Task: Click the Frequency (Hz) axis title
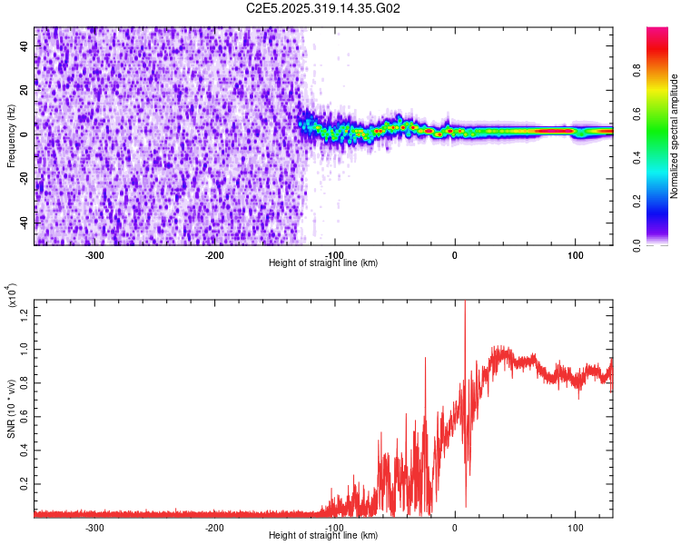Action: pos(11,135)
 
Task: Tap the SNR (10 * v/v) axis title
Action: pos(11,407)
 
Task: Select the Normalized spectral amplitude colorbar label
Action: pos(675,137)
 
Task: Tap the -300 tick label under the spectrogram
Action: pos(94,254)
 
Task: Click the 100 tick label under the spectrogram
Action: pos(575,254)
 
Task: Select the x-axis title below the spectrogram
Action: pos(323,263)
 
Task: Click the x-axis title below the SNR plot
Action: pos(323,536)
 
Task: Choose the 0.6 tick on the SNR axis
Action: pos(25,416)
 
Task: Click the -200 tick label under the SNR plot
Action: pos(214,527)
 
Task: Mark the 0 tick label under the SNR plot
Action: pos(455,527)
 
